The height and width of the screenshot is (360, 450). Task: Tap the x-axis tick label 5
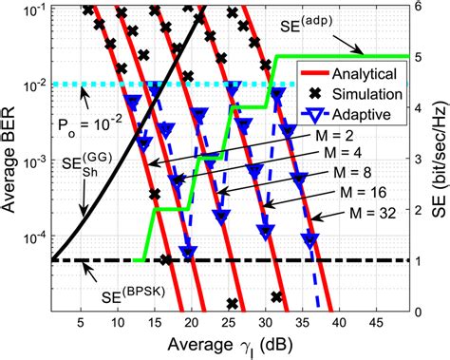coord(81,323)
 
